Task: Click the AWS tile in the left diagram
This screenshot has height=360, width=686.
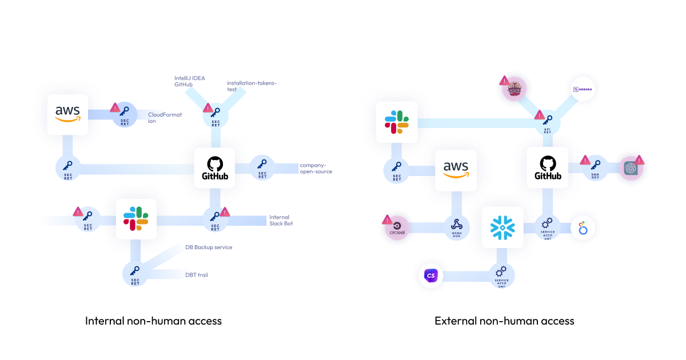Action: (67, 114)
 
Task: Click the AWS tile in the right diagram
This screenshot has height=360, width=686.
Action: (456, 170)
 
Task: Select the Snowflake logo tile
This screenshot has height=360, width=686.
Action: (502, 227)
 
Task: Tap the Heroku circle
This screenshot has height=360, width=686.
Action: (584, 89)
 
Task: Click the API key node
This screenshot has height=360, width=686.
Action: (547, 122)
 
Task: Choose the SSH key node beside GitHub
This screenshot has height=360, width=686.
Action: (595, 167)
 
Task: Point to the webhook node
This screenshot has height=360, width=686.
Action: (456, 227)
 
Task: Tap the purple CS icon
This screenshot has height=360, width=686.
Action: (431, 277)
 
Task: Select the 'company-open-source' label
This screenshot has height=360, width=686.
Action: (316, 168)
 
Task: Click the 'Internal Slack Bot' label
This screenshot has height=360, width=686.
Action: (280, 220)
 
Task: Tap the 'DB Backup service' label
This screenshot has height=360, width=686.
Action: (209, 247)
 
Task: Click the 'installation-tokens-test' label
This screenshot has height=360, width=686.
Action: (251, 86)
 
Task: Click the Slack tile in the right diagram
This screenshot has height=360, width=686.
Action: (397, 122)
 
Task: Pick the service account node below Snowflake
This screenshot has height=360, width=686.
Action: (501, 276)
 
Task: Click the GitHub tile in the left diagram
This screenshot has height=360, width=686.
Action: (214, 168)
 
